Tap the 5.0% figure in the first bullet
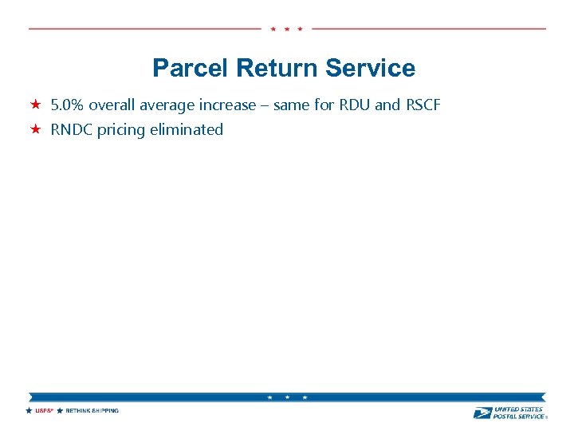click(x=67, y=105)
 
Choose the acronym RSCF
click(x=423, y=105)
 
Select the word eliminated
click(x=188, y=130)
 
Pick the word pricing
click(x=124, y=130)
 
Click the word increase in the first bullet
click(x=226, y=105)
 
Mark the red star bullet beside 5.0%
click(x=36, y=105)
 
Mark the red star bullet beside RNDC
click(x=36, y=129)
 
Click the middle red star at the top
click(x=286, y=29)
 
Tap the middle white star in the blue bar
click(x=287, y=397)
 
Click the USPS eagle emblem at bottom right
click(x=482, y=413)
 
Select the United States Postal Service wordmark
click(x=519, y=412)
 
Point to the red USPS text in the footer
click(x=43, y=411)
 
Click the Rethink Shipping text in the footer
click(x=92, y=411)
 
